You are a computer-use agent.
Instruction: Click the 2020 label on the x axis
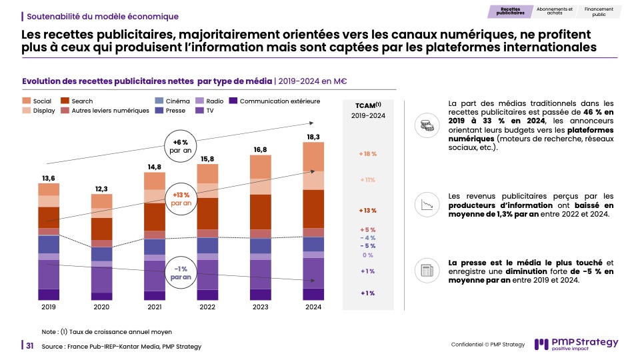pos(101,307)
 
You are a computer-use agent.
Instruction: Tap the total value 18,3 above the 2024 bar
pos(313,137)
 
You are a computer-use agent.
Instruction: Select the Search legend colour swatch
pos(65,101)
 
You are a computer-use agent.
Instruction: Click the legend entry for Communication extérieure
pos(274,101)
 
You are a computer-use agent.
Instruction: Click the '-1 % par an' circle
pos(181,272)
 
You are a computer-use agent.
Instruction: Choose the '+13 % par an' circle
pos(181,197)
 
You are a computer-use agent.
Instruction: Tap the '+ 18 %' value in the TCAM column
pos(368,154)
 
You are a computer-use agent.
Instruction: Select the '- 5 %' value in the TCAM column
pos(368,246)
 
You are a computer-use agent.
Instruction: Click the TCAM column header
pos(368,105)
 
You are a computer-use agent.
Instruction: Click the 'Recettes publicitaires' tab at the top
pos(511,11)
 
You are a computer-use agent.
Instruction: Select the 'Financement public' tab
pos(599,11)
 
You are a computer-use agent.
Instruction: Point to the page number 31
pos(30,345)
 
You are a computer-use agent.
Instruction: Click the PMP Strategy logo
pos(577,345)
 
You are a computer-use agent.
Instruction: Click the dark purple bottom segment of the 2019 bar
pos(49,294)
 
